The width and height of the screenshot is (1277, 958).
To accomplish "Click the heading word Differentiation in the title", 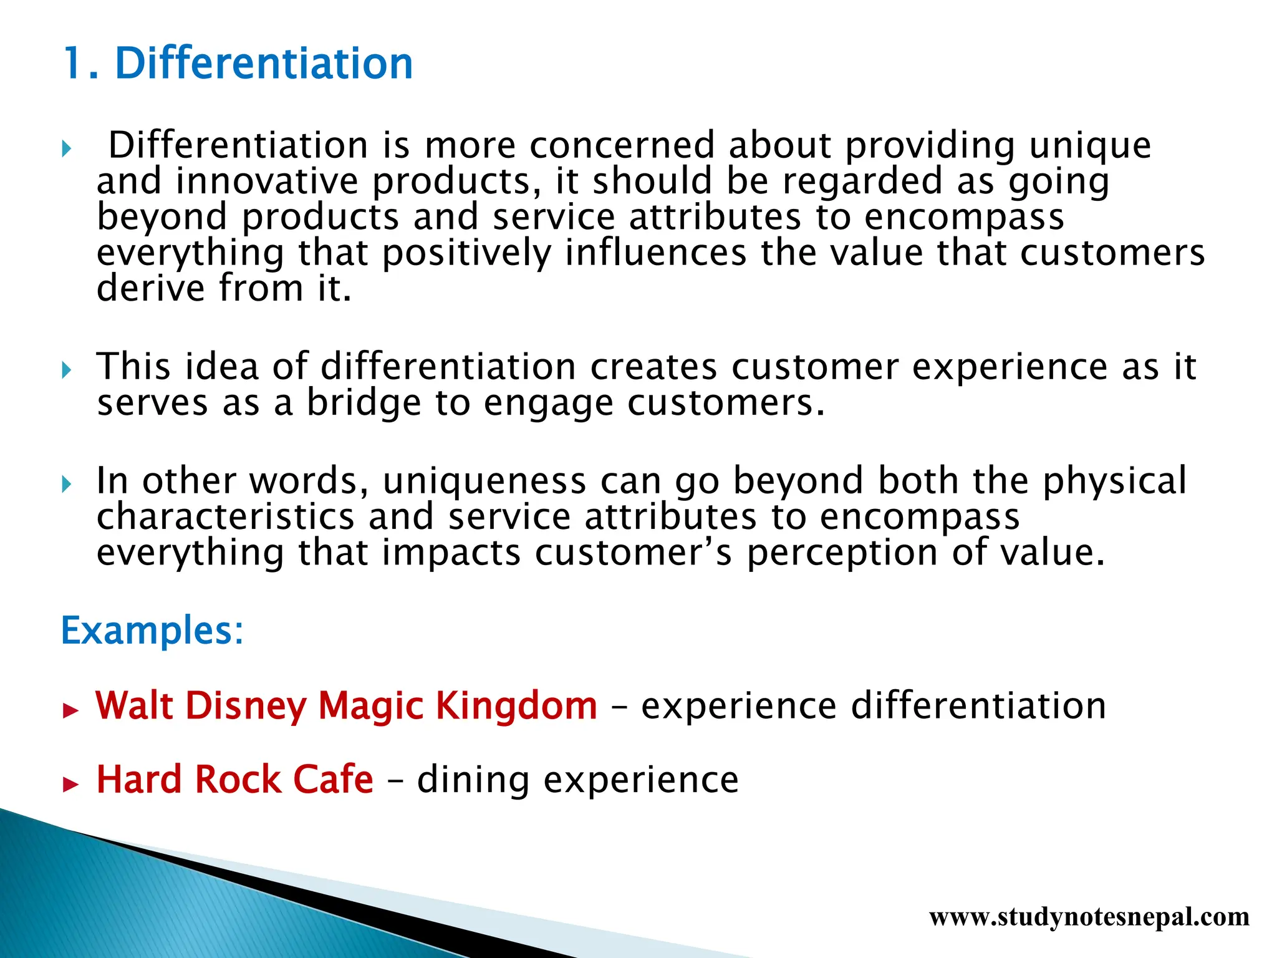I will tap(264, 64).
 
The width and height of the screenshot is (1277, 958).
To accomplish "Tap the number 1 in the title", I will tap(74, 64).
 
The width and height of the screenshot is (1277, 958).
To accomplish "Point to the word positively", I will tap(466, 254).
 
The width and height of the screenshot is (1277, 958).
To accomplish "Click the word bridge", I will tap(364, 403).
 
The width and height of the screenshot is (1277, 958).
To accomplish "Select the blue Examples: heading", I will tap(152, 631).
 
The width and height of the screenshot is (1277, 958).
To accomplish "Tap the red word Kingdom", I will tap(516, 706).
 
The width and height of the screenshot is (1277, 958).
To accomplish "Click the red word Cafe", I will tap(333, 780).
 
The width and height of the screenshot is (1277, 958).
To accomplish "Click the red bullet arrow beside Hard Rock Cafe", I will tap(71, 784).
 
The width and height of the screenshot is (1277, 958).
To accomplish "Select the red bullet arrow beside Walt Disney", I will tap(71, 710).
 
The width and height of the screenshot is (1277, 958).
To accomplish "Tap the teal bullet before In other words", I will tap(67, 485).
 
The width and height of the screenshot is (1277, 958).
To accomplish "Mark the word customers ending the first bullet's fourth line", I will tap(1112, 254).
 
